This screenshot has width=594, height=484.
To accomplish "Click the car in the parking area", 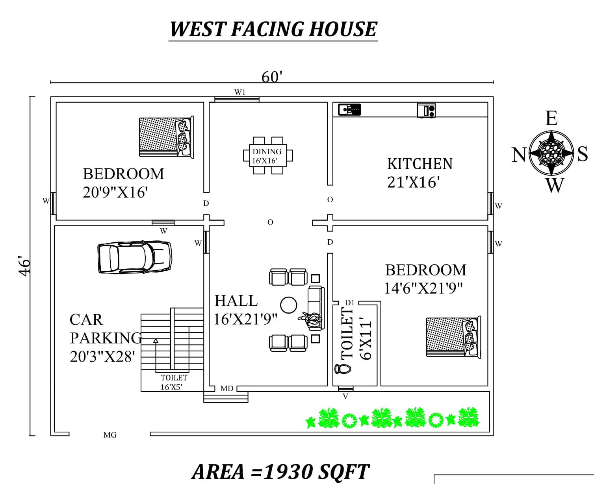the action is click(x=135, y=257).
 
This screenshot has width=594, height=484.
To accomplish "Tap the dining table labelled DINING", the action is click(x=268, y=155).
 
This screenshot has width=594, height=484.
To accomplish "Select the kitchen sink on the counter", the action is click(x=349, y=109).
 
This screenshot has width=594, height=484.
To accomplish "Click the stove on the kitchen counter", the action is click(x=426, y=110).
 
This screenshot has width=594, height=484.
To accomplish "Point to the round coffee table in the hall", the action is click(x=288, y=305).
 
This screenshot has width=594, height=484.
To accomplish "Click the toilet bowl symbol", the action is click(x=343, y=369).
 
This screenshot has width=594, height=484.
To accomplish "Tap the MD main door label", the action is click(x=227, y=389).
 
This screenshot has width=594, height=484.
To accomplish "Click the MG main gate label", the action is click(x=110, y=435).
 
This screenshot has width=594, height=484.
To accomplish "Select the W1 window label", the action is click(x=240, y=92).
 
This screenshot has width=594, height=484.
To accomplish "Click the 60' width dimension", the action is click(x=271, y=77).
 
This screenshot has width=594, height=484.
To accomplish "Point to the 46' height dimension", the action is click(x=24, y=266).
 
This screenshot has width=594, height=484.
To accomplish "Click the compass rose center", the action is click(x=551, y=153).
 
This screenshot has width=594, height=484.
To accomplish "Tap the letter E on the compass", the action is click(x=551, y=118).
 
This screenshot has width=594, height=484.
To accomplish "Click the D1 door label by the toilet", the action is click(x=349, y=303).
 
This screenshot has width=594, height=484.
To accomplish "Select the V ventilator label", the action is click(x=345, y=397).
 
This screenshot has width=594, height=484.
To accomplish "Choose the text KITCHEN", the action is click(x=420, y=164).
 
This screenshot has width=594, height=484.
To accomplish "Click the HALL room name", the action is click(x=236, y=301).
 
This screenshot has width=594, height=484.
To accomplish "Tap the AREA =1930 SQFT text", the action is click(x=280, y=472).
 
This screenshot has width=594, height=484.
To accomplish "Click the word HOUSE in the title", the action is click(x=343, y=29).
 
